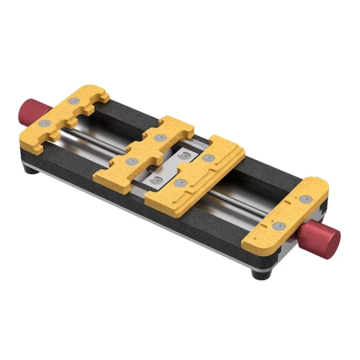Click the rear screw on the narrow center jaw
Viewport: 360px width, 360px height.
pos(158,138)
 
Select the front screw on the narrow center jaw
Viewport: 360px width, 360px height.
pos(131,161)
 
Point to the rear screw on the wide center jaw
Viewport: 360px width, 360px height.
pos(208,157)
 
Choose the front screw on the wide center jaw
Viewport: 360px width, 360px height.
pos(180,183)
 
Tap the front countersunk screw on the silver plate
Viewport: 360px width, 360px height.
pos(157,180)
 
